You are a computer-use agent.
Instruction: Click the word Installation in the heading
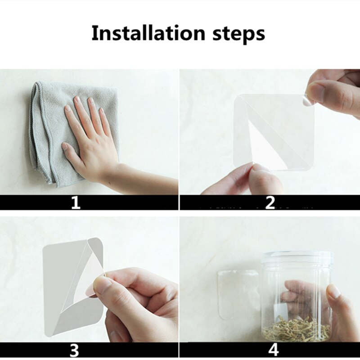pyautogui.click(x=148, y=33)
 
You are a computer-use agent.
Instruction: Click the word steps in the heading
pyautogui.click(x=239, y=35)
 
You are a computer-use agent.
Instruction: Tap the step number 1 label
pyautogui.click(x=76, y=203)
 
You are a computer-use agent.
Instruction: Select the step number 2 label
pyautogui.click(x=270, y=203)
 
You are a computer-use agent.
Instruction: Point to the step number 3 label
pyautogui.click(x=74, y=351)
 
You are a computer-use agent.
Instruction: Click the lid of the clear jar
pyautogui.click(x=298, y=256)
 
